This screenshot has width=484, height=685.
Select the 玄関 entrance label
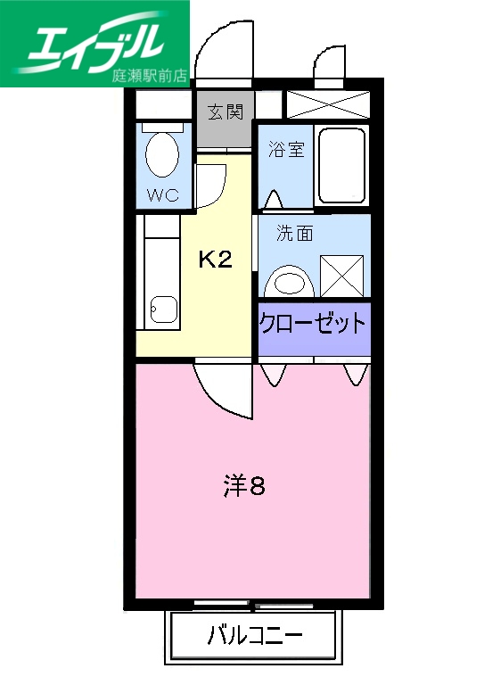point(226,112)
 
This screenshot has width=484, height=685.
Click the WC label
point(163,194)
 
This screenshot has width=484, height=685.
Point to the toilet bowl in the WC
point(162,155)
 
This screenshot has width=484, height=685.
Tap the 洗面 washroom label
point(294,235)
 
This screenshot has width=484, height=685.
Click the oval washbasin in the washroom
point(290,282)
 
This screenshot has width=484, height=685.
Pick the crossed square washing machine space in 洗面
point(341,276)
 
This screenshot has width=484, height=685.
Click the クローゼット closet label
point(313,322)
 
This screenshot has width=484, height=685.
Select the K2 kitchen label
point(215,260)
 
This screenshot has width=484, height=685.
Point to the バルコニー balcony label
point(254,637)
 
